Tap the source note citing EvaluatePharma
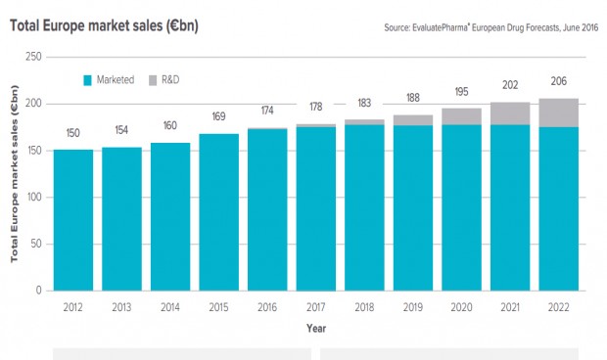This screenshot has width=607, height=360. pos(490,27)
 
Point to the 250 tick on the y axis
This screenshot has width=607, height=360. pos(32,58)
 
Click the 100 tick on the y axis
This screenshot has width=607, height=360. pos(32,198)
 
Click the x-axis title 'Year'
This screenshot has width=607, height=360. pos(315,328)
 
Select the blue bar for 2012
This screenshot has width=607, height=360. pos(73,220)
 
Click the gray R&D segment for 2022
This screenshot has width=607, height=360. pos(558,112)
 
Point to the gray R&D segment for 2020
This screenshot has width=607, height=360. pos(461,116)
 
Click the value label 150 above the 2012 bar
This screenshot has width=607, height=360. pos(73,134)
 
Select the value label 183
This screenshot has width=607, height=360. pos(364,104)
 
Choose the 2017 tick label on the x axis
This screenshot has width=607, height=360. pos(315,306)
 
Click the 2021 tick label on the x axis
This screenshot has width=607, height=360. pos(509,306)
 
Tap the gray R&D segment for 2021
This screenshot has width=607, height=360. pos(509,113)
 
